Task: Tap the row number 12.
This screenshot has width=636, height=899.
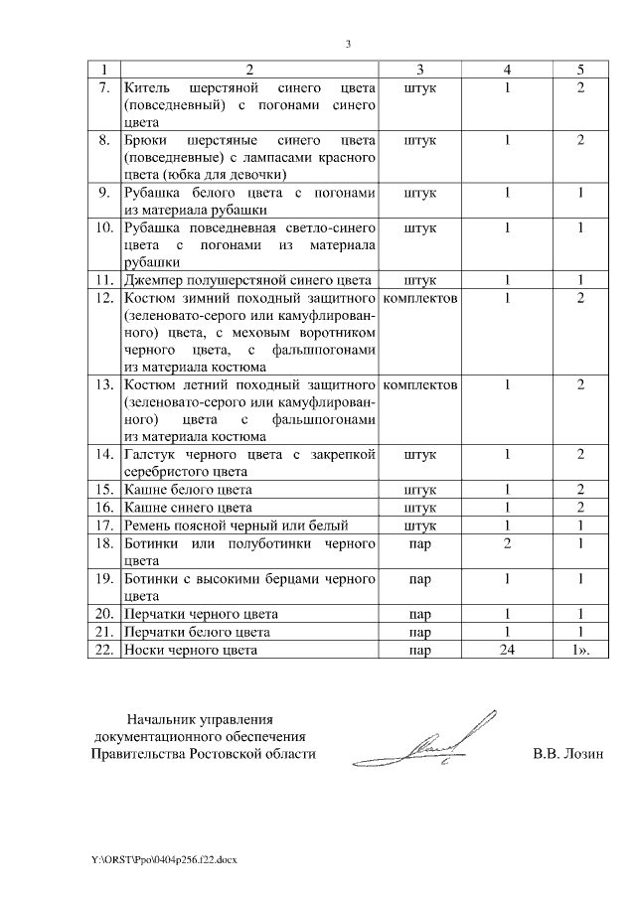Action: [101, 297]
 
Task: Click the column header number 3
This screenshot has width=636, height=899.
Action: [420, 69]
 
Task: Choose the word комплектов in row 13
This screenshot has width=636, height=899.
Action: [420, 384]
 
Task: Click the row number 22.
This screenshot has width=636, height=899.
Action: [101, 651]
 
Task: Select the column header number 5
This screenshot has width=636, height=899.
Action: [580, 69]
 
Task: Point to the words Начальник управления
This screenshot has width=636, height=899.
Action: [198, 718]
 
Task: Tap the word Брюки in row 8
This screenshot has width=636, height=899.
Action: [145, 140]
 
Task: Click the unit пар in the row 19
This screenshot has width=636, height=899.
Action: [420, 577]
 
